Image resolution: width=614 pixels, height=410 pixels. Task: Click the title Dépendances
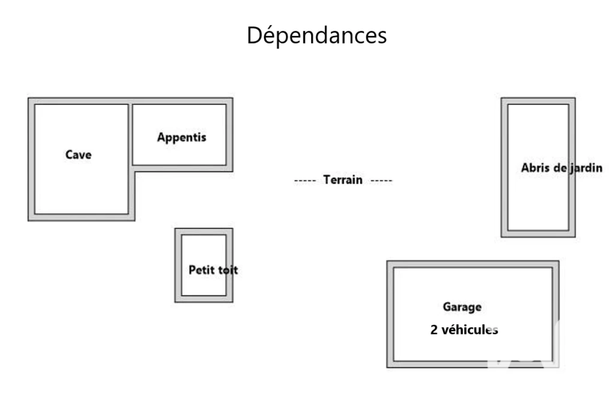pyautogui.click(x=317, y=35)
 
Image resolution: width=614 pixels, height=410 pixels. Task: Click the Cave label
pyautogui.click(x=79, y=155)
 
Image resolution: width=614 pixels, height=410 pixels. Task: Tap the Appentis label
pyautogui.click(x=181, y=137)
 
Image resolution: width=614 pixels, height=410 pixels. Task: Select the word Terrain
pyautogui.click(x=342, y=180)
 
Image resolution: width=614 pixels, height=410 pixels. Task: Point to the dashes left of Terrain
pyautogui.click(x=305, y=180)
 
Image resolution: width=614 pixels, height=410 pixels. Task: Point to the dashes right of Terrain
pyautogui.click(x=381, y=180)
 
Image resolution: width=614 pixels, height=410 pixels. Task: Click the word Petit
pyautogui.click(x=201, y=270)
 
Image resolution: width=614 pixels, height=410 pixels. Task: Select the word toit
pyautogui.click(x=228, y=270)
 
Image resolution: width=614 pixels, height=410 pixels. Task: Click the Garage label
pyautogui.click(x=462, y=307)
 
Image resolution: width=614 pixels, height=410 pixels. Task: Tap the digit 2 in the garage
pyautogui.click(x=434, y=330)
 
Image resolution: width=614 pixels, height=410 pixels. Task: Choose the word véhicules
pyautogui.click(x=469, y=330)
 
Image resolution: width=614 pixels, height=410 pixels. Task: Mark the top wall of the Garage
pyautogui.click(x=472, y=264)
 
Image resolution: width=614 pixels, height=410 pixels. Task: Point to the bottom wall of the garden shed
pyautogui.click(x=538, y=234)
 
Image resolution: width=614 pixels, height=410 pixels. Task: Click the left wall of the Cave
pyautogui.click(x=31, y=159)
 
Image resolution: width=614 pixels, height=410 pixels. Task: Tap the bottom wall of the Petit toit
pyautogui.click(x=204, y=299)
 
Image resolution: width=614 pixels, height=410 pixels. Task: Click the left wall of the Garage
pyautogui.click(x=390, y=314)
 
